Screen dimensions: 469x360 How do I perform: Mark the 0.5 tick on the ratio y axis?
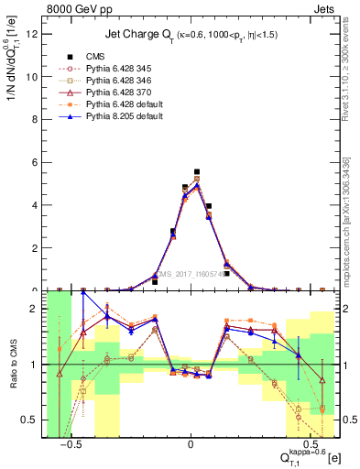click(31, 420)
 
